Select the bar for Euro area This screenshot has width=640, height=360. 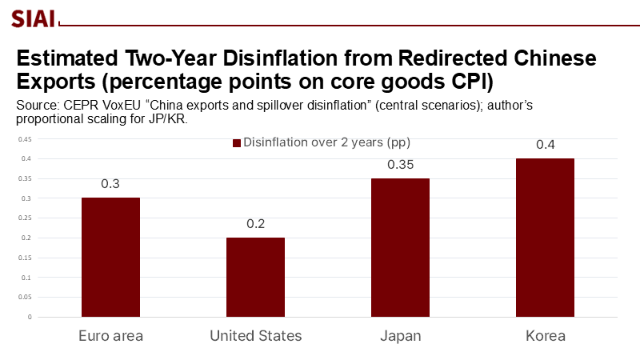click(110, 257)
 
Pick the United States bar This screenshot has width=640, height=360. click(255, 277)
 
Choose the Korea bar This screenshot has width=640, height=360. click(545, 238)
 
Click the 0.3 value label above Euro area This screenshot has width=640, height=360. click(110, 184)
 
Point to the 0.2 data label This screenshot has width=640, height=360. click(255, 223)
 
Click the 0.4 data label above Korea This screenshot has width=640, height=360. click(545, 145)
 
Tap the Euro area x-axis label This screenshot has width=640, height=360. click(110, 336)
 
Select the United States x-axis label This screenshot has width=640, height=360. click(255, 336)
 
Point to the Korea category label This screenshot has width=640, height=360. click(545, 336)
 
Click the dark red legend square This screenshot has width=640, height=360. click(236, 143)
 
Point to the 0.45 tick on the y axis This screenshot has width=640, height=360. click(26, 139)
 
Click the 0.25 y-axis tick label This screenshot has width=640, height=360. click(26, 218)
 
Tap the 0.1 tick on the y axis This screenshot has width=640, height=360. click(27, 277)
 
